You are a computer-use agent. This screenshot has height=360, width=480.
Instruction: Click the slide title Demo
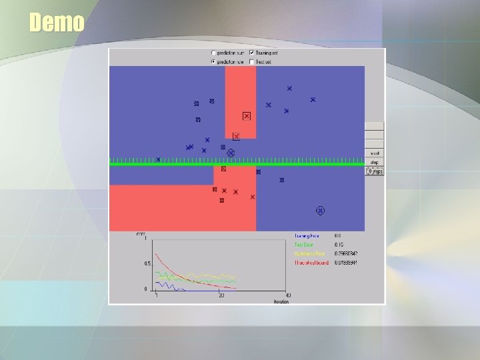tap(57, 23)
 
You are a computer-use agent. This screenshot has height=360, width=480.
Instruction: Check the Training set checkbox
tap(251, 53)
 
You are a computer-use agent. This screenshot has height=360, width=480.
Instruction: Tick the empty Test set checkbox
tap(251, 61)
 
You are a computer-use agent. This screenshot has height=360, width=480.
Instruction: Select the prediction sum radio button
tap(213, 53)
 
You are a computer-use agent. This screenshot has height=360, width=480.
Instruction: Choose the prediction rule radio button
tap(213, 61)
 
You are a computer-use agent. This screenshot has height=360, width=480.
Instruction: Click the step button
tap(374, 162)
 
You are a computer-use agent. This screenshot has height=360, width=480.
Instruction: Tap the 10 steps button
tap(374, 171)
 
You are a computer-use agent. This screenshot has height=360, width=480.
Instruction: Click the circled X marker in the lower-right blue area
tap(320, 211)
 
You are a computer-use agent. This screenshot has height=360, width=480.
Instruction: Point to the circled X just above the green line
tap(231, 153)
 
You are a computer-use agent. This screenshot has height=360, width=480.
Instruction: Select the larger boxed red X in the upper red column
tap(246, 116)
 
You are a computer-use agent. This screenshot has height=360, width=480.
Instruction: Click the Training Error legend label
tap(307, 235)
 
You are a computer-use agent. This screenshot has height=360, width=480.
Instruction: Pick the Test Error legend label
tap(304, 245)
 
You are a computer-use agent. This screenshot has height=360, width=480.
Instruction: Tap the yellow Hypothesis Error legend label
tap(310, 254)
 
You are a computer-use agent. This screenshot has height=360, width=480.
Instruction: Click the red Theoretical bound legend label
tap(311, 263)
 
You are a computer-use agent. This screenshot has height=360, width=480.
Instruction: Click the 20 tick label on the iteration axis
tap(221, 296)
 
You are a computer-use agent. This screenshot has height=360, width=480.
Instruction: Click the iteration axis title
tap(281, 301)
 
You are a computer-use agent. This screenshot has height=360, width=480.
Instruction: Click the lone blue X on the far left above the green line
tap(158, 159)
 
